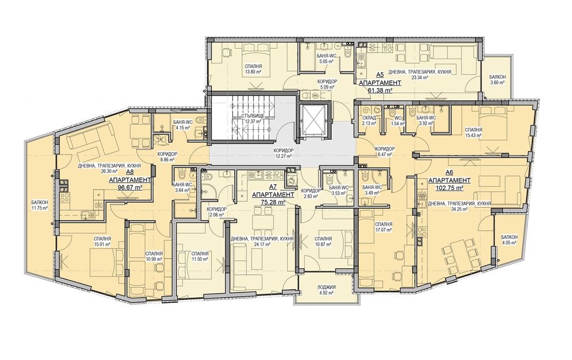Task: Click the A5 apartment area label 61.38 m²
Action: click(380, 90)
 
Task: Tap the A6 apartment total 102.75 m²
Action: click(450, 188)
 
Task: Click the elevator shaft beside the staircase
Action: click(313, 119)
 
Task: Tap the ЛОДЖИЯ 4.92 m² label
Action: click(327, 290)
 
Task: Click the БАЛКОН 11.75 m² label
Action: click(40, 205)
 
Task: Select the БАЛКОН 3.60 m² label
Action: click(498, 80)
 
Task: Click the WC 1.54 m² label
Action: click(398, 121)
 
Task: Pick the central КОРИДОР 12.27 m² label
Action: click(283, 153)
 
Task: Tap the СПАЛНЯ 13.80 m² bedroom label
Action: click(253, 69)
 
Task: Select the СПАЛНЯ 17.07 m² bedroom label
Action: click(383, 227)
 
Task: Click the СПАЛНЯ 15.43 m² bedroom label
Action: click(474, 132)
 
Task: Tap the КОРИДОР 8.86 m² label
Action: click(167, 157)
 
